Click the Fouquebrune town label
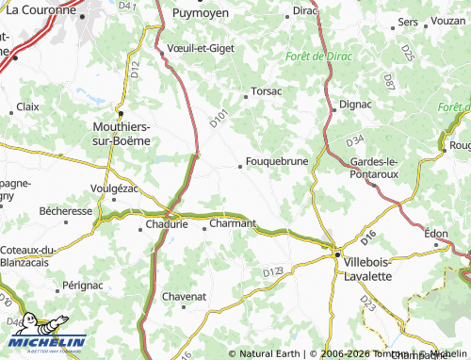(277, 161)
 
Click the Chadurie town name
(166, 225)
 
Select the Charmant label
(232, 223)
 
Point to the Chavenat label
(184, 296)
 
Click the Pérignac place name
(82, 284)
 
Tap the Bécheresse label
(67, 212)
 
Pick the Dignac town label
(355, 104)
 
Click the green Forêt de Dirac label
(318, 57)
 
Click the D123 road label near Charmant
(273, 271)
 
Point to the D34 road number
(355, 141)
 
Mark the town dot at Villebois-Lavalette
(335, 253)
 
